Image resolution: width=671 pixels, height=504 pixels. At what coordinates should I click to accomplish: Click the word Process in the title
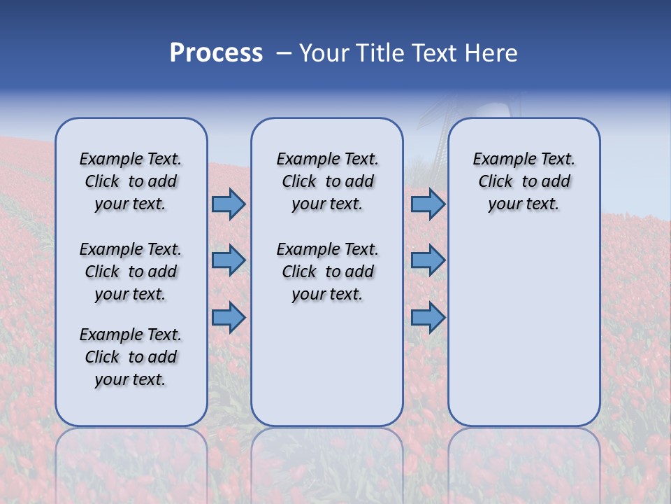coord(216,53)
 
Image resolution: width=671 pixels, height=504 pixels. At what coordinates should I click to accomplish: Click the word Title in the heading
coord(378,53)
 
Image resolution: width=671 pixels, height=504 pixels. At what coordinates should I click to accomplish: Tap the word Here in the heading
coord(491,53)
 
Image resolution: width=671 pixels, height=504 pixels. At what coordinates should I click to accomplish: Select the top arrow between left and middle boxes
coord(229,204)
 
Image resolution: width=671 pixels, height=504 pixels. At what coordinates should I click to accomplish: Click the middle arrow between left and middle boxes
coord(229,260)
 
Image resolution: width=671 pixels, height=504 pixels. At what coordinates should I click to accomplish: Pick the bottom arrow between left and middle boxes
coord(229,317)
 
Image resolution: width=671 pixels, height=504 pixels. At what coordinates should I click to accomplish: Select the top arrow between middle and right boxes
coord(428,204)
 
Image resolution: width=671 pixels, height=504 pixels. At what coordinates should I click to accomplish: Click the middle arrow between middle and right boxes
coord(428,260)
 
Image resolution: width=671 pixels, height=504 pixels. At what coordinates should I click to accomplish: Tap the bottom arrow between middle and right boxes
coord(428,317)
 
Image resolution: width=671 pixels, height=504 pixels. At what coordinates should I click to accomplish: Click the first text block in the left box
coord(131,181)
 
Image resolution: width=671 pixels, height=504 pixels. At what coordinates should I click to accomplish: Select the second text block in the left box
coord(131,272)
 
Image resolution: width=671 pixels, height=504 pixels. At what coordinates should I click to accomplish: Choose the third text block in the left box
coord(131,357)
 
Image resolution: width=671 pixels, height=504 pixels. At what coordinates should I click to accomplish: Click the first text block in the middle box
coord(327,181)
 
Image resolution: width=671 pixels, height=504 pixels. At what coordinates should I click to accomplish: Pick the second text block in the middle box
coord(327,272)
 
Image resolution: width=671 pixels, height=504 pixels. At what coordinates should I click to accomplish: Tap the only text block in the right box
coord(524,181)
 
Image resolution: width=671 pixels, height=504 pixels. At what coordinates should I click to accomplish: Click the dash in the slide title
coord(284,53)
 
